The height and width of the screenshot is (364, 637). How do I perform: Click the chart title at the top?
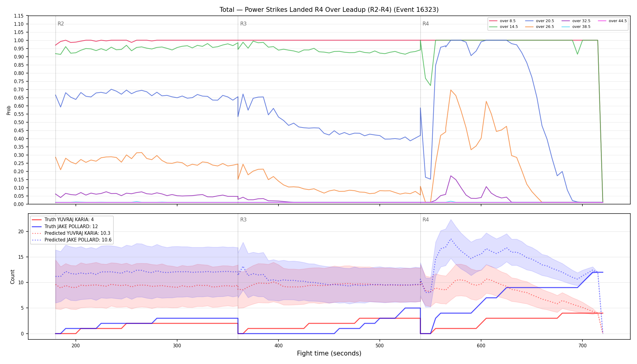click(329, 10)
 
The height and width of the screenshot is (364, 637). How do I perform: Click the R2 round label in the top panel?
click(61, 24)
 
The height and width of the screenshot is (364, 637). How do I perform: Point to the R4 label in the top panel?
click(426, 24)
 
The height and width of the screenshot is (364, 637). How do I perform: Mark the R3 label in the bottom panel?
click(243, 220)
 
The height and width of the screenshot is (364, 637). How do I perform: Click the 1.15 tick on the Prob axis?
click(19, 16)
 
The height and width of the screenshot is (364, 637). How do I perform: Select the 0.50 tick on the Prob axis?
click(19, 122)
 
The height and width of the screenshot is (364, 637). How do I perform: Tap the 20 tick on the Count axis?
click(21, 231)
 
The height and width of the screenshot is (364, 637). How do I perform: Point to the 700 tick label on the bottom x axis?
click(582, 345)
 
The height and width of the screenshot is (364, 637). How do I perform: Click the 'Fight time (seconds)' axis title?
click(329, 353)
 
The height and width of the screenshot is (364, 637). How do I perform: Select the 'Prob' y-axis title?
click(9, 110)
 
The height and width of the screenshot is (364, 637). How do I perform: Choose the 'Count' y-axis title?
click(12, 277)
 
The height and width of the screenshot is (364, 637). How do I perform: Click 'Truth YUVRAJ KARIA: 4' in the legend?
click(69, 220)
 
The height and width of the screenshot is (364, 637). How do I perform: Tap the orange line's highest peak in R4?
click(451, 90)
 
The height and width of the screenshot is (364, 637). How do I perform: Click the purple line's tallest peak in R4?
click(451, 176)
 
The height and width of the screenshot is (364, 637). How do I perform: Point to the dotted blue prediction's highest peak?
click(451, 239)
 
